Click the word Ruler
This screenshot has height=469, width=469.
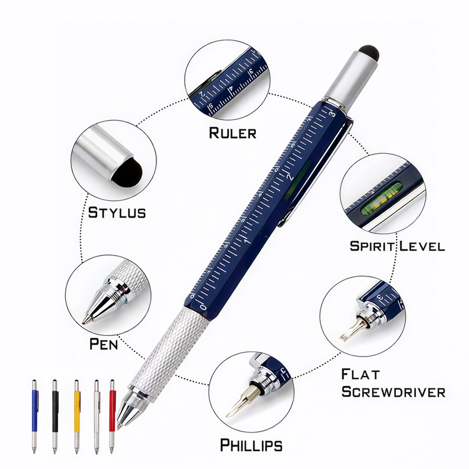233,133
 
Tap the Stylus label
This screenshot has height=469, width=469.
117,213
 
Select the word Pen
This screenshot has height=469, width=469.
104,344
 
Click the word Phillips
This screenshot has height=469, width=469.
251,445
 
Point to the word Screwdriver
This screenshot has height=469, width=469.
393,392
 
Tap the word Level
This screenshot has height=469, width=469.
422,246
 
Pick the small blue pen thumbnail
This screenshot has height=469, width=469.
35,416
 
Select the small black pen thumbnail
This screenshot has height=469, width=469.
55,416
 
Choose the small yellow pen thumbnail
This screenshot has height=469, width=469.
77,416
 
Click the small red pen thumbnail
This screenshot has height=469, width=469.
112,416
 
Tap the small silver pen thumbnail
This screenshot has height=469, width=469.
96,416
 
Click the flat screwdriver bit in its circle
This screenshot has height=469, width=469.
351,331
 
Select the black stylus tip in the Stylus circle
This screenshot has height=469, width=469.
128,173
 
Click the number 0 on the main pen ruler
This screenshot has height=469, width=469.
203,308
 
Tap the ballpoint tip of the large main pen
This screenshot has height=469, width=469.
119,427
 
